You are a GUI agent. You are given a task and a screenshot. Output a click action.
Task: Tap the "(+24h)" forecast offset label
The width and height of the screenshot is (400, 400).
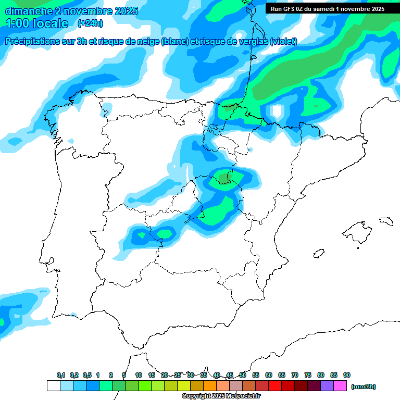pyautogui.click(x=90, y=23)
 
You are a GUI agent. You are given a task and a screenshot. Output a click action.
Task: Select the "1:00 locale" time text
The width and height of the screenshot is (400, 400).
pyautogui.click(x=36, y=23)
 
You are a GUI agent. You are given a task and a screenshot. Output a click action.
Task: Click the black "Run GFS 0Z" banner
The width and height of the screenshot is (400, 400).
pyautogui.click(x=328, y=9)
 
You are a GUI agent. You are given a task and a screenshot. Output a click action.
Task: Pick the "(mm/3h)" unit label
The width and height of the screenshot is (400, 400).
pyautogui.click(x=363, y=386)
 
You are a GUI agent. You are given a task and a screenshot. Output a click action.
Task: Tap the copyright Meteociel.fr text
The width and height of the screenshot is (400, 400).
pyautogui.click(x=221, y=396)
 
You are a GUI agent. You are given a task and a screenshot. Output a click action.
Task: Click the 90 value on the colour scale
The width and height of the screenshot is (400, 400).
pyautogui.click(x=347, y=375)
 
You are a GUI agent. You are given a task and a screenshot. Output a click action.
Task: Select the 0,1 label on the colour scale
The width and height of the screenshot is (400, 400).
pyautogui.click(x=61, y=375)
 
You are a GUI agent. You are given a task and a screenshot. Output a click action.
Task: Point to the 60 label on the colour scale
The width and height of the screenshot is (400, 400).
pyautogui.click(x=269, y=375)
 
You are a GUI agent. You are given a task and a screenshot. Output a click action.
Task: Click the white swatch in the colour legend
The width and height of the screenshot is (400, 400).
pyautogui.click(x=53, y=385)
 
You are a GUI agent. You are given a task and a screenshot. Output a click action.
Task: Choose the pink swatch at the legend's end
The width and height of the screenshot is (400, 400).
pyautogui.click(x=340, y=385)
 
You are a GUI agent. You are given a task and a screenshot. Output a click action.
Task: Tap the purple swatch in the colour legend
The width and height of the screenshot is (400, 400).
pyautogui.click(x=327, y=385)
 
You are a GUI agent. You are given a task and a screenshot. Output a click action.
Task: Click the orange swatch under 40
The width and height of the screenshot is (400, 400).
pyautogui.click(x=210, y=385)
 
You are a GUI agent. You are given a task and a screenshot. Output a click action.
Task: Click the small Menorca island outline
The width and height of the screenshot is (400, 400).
pyautogui.click(x=386, y=221)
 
